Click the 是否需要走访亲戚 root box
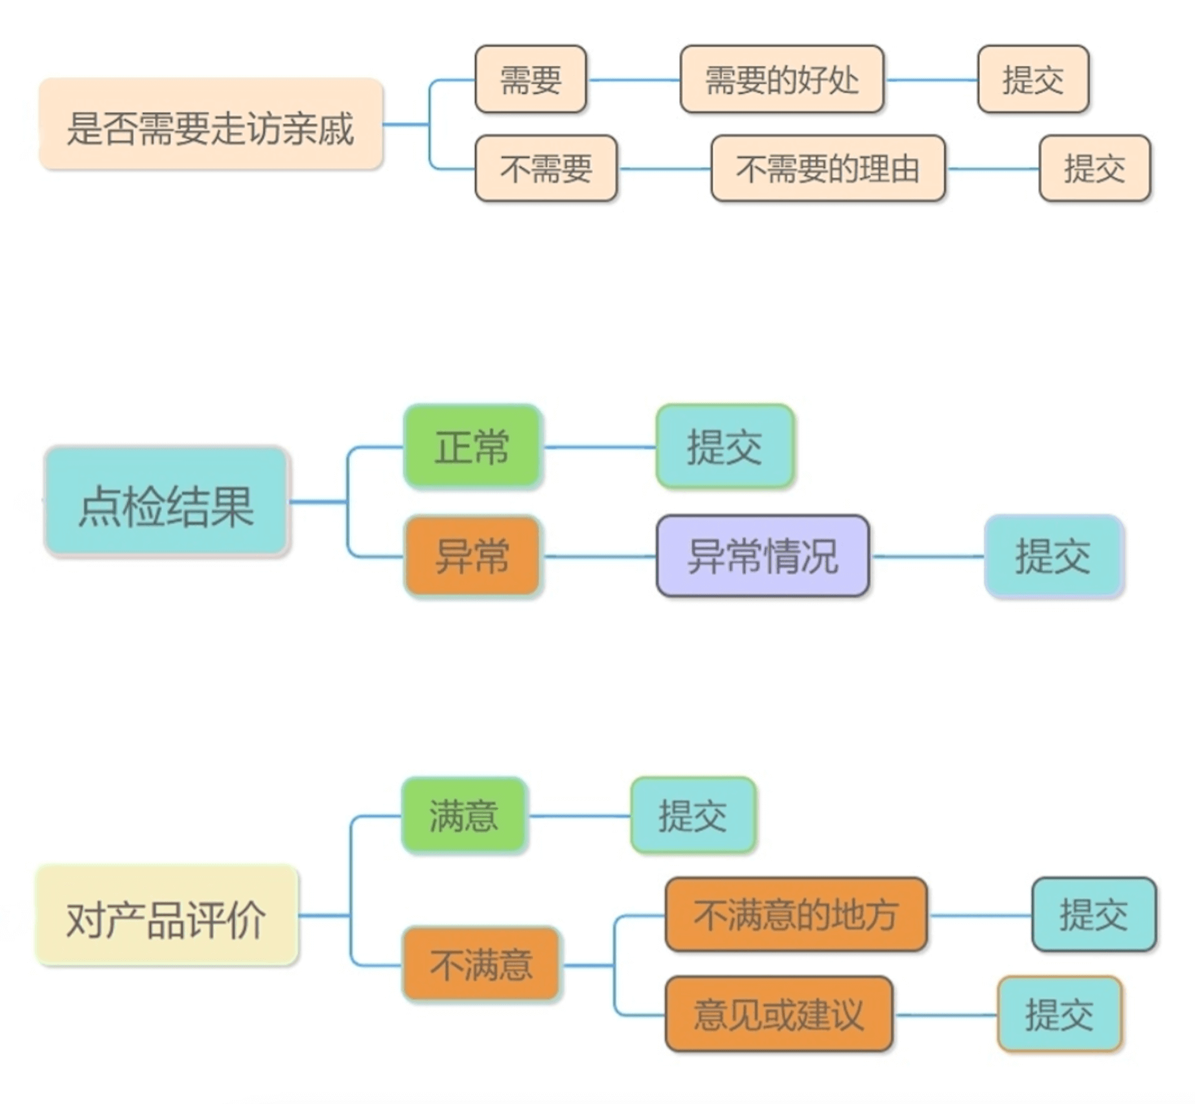(211, 125)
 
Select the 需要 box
(531, 80)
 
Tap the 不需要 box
(546, 168)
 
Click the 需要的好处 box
(782, 80)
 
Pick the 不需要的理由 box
(828, 168)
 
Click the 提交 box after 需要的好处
(1033, 80)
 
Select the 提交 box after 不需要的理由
(1095, 168)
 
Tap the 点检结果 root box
(166, 501)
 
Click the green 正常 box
(472, 446)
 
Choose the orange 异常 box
(472, 556)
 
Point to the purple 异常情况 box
(762, 556)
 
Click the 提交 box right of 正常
(725, 446)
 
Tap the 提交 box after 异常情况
(1053, 556)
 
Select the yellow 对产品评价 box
(167, 915)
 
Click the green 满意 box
(464, 815)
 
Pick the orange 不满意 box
(481, 965)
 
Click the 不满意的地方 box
(796, 915)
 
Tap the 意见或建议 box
(779, 1014)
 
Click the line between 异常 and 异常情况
(599, 557)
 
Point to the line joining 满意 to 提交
(579, 816)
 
